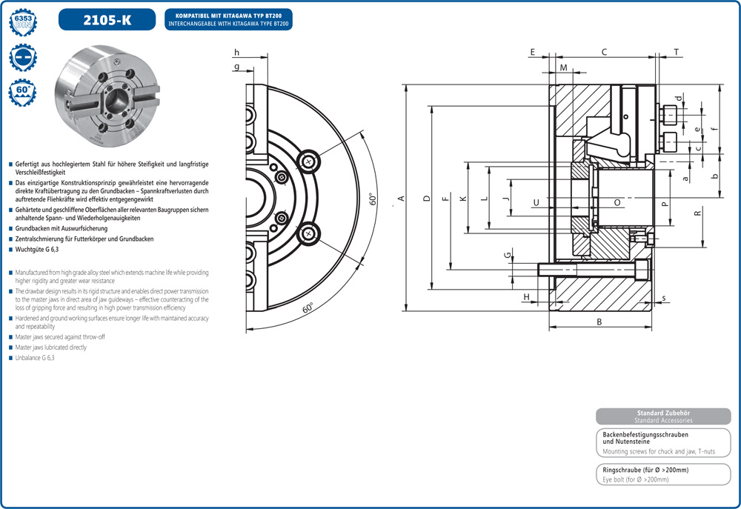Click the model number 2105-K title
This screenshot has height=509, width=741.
click(x=107, y=20)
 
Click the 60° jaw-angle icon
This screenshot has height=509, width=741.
click(x=23, y=94)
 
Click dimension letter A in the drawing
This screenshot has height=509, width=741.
click(x=400, y=198)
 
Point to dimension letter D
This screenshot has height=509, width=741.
click(x=426, y=199)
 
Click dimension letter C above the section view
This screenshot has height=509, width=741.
click(x=604, y=52)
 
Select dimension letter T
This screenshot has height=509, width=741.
click(x=676, y=52)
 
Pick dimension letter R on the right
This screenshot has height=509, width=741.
click(x=697, y=213)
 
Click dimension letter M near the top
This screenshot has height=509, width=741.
click(x=563, y=68)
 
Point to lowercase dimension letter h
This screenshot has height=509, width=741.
click(x=237, y=52)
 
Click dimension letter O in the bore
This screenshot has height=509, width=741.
click(x=617, y=202)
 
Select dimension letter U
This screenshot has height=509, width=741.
click(x=536, y=202)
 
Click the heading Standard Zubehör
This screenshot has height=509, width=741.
click(x=663, y=413)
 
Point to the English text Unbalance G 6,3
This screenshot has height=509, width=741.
click(x=35, y=358)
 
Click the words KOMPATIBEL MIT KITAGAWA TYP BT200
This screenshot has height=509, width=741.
click(x=233, y=15)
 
